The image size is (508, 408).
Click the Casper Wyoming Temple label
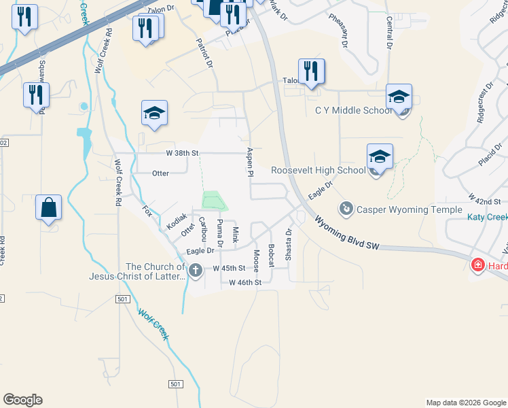click(409, 209)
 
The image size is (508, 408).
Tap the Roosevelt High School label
click(318, 171)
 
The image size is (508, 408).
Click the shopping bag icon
click(49, 207)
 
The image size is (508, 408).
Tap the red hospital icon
click(478, 265)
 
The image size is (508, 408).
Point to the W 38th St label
click(183, 154)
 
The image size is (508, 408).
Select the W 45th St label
click(228, 269)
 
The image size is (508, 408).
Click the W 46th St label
click(244, 282)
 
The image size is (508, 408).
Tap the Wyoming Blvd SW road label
click(346, 233)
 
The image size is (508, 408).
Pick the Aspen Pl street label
click(250, 163)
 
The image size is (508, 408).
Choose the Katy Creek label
click(487, 218)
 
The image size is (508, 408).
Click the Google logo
click(22, 400)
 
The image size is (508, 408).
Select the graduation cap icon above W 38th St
click(155, 114)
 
